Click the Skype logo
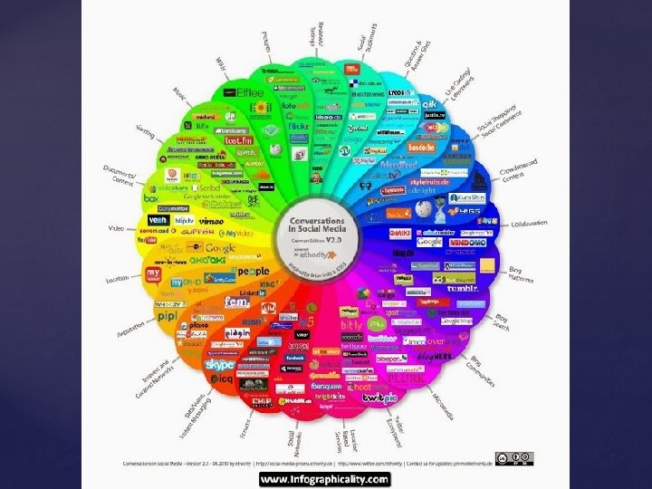click(219, 365)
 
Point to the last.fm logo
click(238, 140)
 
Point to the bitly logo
click(351, 324)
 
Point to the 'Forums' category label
click(246, 423)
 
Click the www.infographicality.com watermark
click(325, 479)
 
